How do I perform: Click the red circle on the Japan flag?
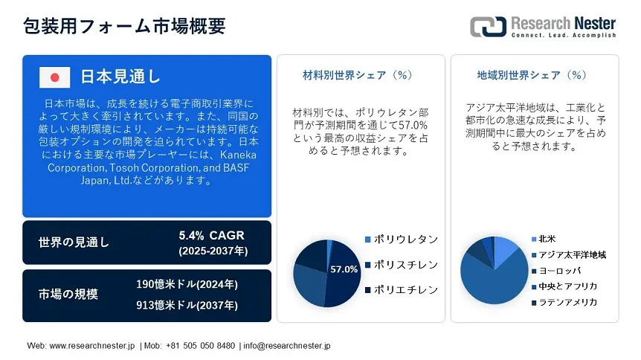54,77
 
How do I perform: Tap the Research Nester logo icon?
488,27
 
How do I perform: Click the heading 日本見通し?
120,77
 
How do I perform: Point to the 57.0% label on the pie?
344,269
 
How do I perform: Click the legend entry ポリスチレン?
402,265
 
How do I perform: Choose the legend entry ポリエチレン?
402,289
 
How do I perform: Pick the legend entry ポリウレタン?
402,240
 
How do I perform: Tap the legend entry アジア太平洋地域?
569,255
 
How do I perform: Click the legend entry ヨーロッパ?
556,271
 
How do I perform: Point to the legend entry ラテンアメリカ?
564,302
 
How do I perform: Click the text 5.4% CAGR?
211,235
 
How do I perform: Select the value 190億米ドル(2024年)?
187,284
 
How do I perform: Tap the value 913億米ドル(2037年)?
187,305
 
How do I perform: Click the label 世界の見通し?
74,242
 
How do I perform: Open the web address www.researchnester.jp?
92,346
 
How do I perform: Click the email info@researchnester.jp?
287,346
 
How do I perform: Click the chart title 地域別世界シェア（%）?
532,75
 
